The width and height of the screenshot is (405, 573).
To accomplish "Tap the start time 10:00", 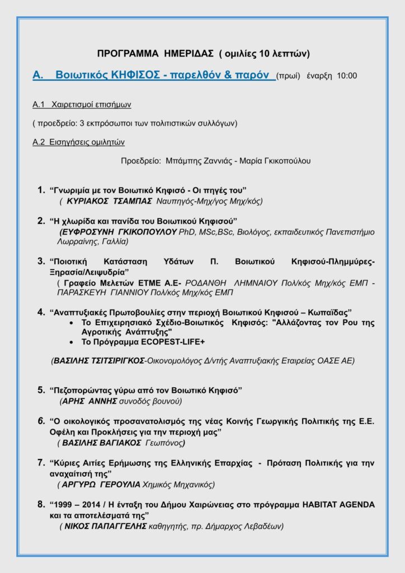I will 347,76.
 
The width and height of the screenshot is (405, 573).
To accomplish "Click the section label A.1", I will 38,105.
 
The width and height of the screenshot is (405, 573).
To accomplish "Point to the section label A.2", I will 38,142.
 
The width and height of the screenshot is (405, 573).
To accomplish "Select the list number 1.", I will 41,190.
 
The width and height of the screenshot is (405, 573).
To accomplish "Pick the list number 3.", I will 41,261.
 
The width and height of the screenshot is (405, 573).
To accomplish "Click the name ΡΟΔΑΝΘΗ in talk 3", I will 206,284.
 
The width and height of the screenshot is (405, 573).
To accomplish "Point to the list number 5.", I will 41,389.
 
